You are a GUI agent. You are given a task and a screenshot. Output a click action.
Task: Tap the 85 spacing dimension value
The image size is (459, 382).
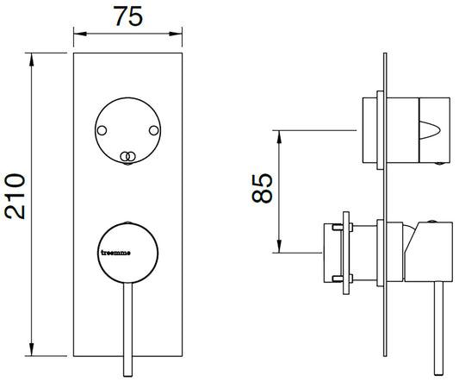[264, 188]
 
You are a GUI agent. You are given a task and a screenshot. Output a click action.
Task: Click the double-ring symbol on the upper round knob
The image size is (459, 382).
[128, 156]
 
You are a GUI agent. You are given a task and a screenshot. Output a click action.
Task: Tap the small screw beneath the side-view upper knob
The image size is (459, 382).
[442, 164]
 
